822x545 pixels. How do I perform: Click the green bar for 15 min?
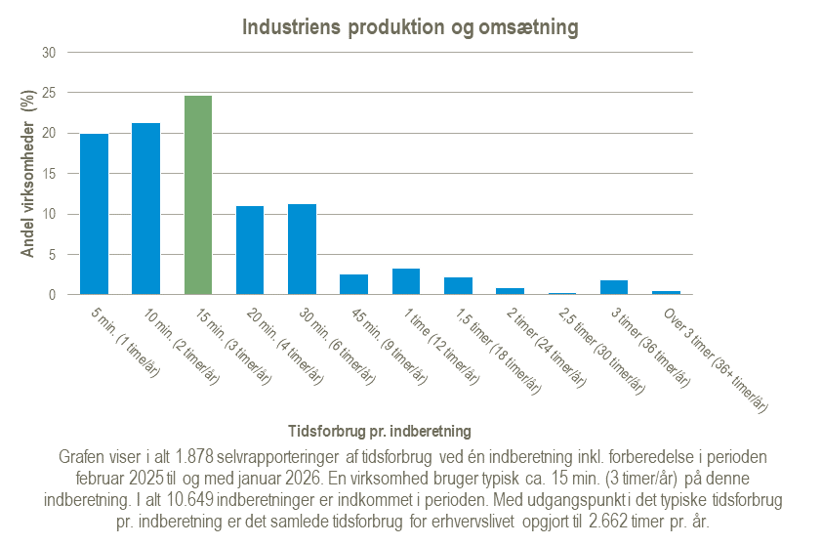pyautogui.click(x=198, y=195)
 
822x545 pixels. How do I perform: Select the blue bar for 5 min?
pyautogui.click(x=94, y=214)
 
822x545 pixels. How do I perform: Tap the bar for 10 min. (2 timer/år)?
pyautogui.click(x=145, y=209)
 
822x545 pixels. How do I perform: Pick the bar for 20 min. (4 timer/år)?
pyautogui.click(x=250, y=250)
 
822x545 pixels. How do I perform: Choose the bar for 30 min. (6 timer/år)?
pyautogui.click(x=302, y=249)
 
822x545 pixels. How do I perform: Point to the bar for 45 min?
pyautogui.click(x=354, y=284)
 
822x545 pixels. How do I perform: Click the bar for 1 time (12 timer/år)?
pyautogui.click(x=406, y=281)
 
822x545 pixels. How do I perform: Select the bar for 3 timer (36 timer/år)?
pyautogui.click(x=614, y=287)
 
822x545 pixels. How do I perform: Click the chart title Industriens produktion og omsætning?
pyautogui.click(x=410, y=28)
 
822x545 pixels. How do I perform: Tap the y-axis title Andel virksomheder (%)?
pyautogui.click(x=28, y=173)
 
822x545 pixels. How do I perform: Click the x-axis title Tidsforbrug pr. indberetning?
pyautogui.click(x=381, y=430)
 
